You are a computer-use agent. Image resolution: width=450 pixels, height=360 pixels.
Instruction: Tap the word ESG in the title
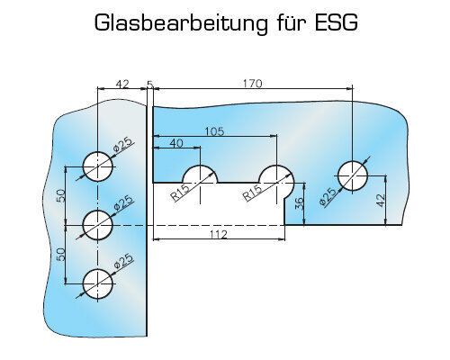[337, 22]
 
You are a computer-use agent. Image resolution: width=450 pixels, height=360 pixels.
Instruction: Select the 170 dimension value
[252, 84]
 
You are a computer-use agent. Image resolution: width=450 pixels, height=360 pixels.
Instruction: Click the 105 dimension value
[214, 131]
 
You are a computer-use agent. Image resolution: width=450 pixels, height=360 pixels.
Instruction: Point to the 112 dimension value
[219, 234]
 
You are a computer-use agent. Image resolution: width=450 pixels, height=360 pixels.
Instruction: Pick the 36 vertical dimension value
[299, 203]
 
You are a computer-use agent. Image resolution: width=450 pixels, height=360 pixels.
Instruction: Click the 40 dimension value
[176, 143]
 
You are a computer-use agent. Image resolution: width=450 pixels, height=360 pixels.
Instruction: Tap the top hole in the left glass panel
[98, 166]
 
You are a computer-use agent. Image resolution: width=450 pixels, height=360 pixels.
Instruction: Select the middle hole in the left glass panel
[98, 225]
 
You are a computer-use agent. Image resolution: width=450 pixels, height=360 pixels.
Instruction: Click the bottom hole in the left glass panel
[98, 283]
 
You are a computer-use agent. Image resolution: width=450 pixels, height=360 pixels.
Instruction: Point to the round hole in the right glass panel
[353, 175]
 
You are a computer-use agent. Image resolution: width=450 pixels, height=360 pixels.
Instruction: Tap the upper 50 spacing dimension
[61, 195]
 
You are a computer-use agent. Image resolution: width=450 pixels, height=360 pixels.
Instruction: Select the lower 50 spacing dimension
[61, 255]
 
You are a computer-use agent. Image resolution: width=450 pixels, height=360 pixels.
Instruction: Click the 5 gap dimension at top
[150, 84]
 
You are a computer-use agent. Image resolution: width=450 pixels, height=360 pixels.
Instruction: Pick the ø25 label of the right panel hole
[327, 197]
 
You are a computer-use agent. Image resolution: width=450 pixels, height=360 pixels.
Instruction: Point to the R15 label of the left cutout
[180, 192]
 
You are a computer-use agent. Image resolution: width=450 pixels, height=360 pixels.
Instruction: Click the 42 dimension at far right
[380, 201]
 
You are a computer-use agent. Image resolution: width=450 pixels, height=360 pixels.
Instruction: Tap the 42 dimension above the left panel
[122, 84]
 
